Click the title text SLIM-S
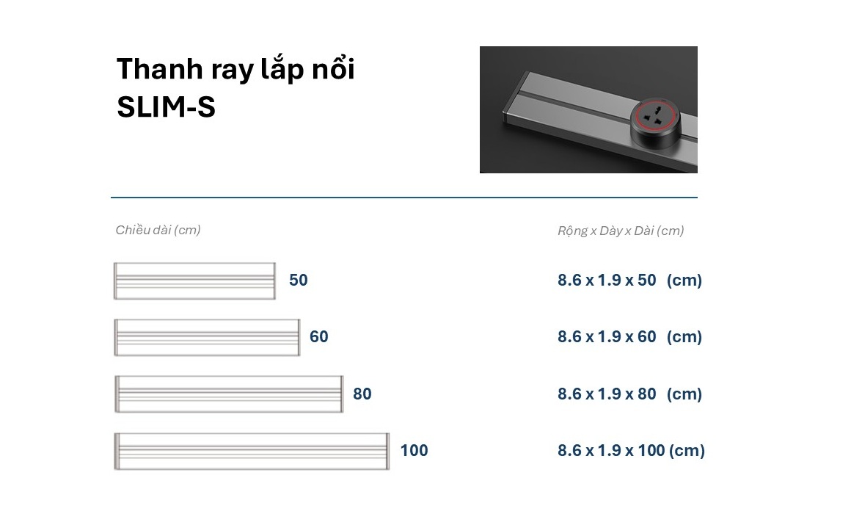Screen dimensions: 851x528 point(166,106)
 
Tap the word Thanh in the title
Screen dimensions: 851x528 point(160,69)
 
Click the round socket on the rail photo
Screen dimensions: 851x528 point(656,123)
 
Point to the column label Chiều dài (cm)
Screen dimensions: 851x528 point(158,230)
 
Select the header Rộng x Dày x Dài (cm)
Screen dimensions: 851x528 point(621,231)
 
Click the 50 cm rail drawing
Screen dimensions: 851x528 point(194,281)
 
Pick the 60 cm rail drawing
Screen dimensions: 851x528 point(207,337)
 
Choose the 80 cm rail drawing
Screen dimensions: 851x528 point(228,394)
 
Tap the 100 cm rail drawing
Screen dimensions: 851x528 point(252,451)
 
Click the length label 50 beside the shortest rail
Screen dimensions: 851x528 point(299,281)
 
